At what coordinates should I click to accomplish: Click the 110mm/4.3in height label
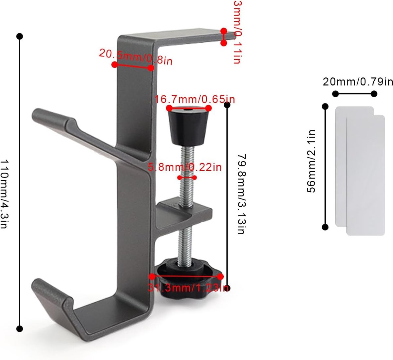point(4,194)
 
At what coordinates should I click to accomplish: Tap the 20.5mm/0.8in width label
point(136,57)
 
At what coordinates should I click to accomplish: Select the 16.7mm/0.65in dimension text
point(195,99)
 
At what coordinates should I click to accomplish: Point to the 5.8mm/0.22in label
point(185,167)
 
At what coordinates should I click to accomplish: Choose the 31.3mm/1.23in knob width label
point(188,288)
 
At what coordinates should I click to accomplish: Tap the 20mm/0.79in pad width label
point(358,82)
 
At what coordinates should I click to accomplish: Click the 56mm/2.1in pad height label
point(311,161)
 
